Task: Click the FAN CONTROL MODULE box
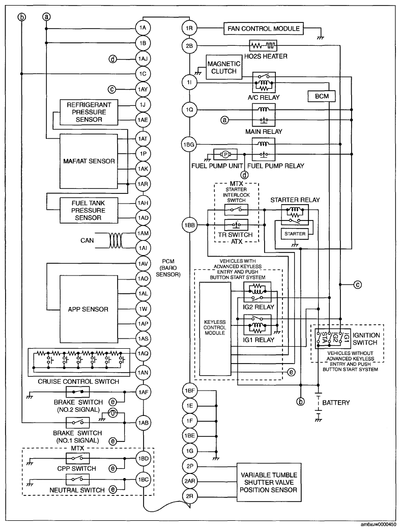pos(263,28)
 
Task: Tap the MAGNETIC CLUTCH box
pos(222,67)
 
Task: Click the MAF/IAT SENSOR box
pos(88,161)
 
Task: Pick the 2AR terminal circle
pos(189,481)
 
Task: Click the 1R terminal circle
pos(189,28)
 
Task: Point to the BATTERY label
pos(336,403)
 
